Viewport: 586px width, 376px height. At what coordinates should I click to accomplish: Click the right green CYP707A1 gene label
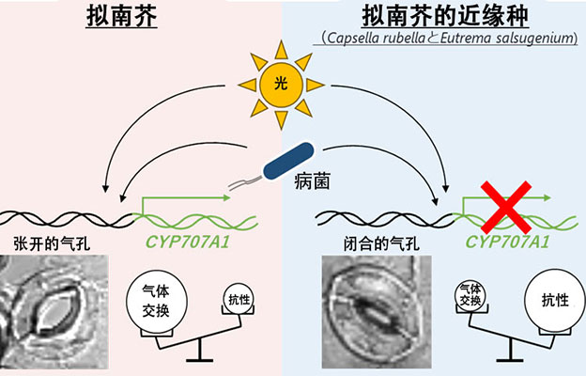(x=508, y=243)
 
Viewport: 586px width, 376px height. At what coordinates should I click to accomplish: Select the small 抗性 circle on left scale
(x=239, y=298)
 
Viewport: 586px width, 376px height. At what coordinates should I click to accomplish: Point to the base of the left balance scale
(x=199, y=359)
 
